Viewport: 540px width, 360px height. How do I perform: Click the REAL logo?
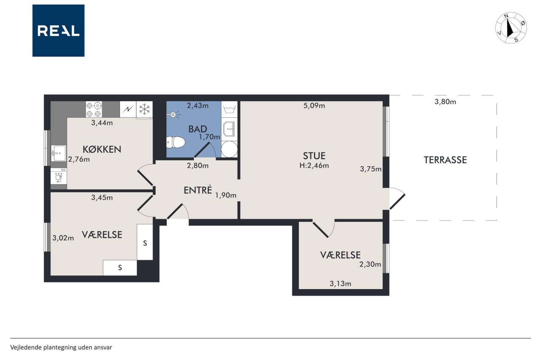click(x=58, y=31)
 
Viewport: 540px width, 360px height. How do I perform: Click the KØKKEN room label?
click(x=102, y=149)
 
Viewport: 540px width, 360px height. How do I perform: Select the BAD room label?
click(x=197, y=129)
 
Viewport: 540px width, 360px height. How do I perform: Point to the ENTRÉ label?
click(x=198, y=190)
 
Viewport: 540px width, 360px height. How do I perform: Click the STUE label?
click(x=314, y=156)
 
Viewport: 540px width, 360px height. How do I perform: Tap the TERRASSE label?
click(x=445, y=160)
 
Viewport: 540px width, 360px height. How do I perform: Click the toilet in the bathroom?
click(x=176, y=143)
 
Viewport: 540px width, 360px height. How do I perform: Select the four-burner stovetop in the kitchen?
click(x=94, y=109)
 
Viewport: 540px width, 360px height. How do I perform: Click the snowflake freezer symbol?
click(x=144, y=110)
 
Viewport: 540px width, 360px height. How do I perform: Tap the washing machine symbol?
click(x=229, y=109)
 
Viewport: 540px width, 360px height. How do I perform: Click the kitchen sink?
click(x=59, y=153)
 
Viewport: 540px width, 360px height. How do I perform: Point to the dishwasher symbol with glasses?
click(x=59, y=176)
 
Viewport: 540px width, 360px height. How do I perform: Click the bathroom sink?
click(x=229, y=129)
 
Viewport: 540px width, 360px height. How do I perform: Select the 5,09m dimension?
click(x=314, y=106)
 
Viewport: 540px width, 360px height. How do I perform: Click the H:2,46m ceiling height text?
click(x=314, y=165)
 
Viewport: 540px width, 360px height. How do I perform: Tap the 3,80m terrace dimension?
click(x=445, y=102)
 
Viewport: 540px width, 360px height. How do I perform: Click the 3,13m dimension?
click(x=340, y=284)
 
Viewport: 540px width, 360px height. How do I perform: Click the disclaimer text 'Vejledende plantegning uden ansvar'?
click(x=61, y=347)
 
